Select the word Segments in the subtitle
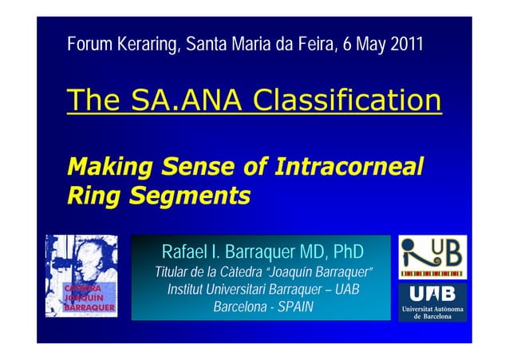click(x=193, y=194)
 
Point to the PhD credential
click(x=346, y=252)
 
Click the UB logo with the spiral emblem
click(x=432, y=256)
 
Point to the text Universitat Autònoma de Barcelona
click(x=432, y=312)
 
